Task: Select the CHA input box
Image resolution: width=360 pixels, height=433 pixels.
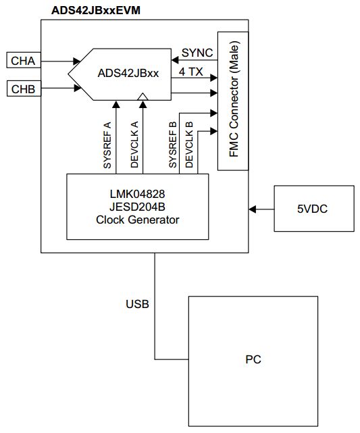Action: [x=23, y=61]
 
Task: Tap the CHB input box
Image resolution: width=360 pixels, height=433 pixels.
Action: [x=23, y=88]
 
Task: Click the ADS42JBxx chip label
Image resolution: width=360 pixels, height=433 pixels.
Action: [x=128, y=74]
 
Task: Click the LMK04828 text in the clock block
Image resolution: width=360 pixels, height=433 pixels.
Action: [x=138, y=194]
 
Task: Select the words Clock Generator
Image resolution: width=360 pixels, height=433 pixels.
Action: [x=138, y=220]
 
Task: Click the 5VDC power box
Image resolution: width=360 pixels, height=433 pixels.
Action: [x=313, y=209]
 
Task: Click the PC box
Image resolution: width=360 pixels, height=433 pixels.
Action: [x=253, y=359]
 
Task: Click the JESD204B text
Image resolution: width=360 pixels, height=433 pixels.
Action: [x=138, y=207]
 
